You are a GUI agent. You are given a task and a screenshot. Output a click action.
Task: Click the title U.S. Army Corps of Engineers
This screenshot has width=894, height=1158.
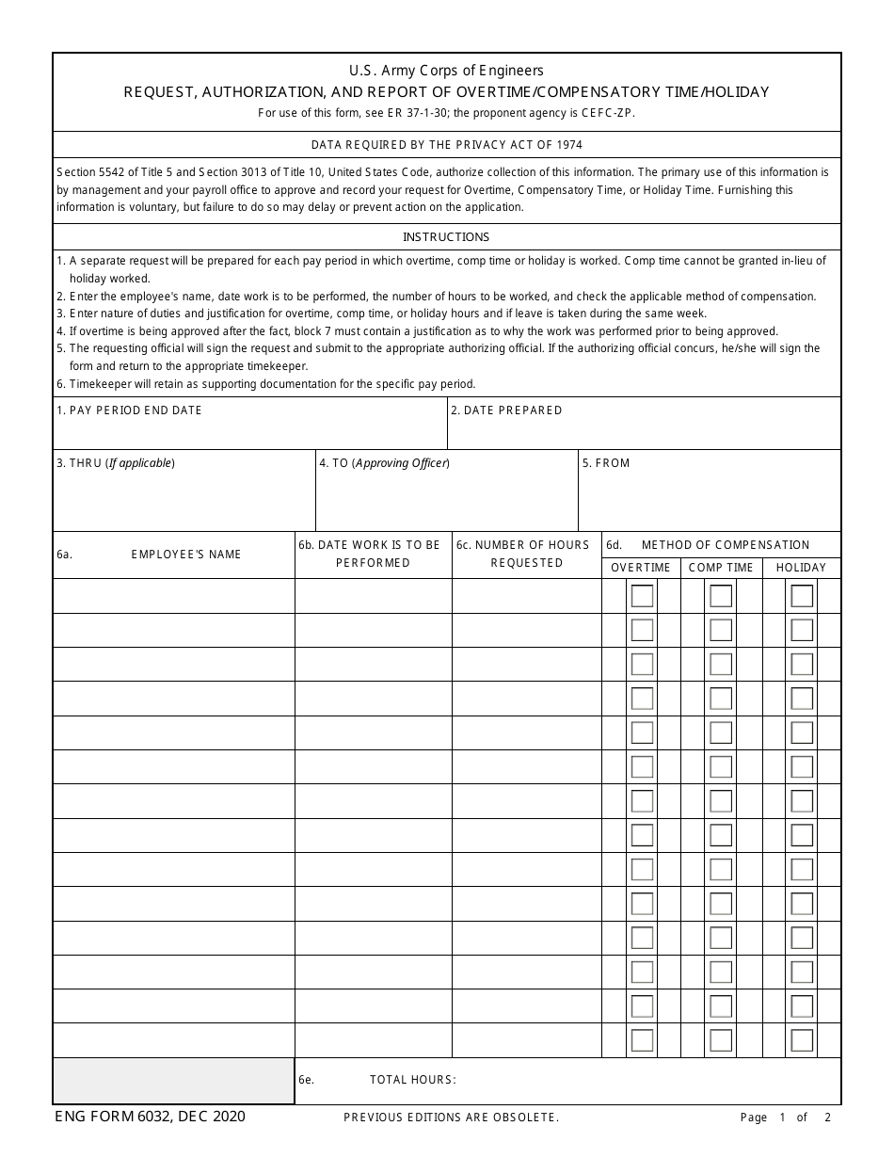[446, 71]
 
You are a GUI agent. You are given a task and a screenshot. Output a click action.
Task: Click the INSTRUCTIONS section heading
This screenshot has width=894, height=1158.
[446, 237]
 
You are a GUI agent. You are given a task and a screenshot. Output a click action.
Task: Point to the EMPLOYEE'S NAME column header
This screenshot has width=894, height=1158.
[186, 555]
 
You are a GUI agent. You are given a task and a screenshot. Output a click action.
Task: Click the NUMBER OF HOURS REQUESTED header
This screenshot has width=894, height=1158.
[526, 554]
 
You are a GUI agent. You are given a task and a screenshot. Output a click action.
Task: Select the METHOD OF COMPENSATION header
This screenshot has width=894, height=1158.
[725, 545]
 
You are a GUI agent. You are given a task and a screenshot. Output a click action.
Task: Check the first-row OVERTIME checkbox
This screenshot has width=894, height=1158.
[642, 596]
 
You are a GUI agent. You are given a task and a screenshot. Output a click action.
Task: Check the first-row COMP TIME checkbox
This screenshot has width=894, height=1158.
[721, 596]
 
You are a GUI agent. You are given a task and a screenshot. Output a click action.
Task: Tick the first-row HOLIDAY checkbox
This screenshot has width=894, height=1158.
[802, 596]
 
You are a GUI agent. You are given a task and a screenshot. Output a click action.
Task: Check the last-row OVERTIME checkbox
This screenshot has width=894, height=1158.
[642, 1040]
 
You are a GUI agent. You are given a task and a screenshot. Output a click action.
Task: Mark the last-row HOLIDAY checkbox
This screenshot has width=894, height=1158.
[802, 1040]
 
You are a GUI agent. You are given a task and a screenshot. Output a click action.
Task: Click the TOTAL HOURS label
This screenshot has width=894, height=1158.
[412, 1080]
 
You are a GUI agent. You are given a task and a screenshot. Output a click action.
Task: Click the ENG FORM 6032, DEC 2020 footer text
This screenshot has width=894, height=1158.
[151, 1117]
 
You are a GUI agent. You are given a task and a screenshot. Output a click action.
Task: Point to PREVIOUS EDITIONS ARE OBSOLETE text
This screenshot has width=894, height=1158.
[452, 1118]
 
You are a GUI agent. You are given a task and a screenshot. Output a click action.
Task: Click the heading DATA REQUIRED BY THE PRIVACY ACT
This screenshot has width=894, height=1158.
[446, 145]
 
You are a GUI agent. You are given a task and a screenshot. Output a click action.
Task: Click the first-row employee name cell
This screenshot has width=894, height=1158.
[174, 596]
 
